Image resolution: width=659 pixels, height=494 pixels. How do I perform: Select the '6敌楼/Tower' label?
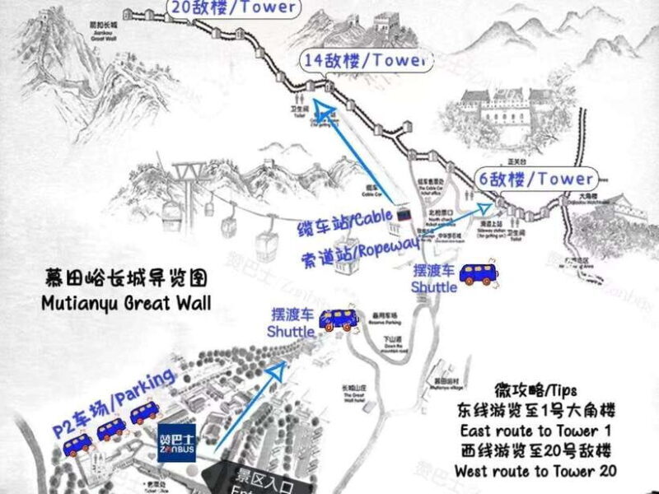click(x=536, y=179)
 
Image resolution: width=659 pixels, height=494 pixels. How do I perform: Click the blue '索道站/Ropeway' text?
click(x=367, y=249)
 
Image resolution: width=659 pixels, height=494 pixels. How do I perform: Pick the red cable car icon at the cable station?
click(x=404, y=213)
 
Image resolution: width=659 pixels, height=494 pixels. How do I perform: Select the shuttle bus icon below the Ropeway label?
click(x=477, y=275)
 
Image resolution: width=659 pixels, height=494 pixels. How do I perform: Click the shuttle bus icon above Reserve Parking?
click(x=336, y=319)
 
